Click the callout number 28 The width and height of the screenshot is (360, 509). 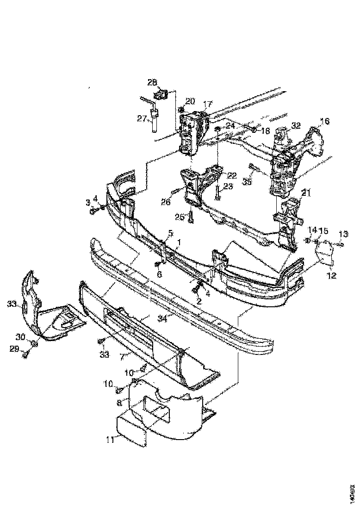(x=152, y=82)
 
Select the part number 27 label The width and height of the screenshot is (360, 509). (x=142, y=118)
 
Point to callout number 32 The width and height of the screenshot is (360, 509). (x=296, y=125)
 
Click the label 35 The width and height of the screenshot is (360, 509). (x=247, y=182)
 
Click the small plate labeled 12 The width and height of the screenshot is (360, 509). (x=325, y=254)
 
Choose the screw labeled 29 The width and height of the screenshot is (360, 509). (x=26, y=354)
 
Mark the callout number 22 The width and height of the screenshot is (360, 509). (x=231, y=175)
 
